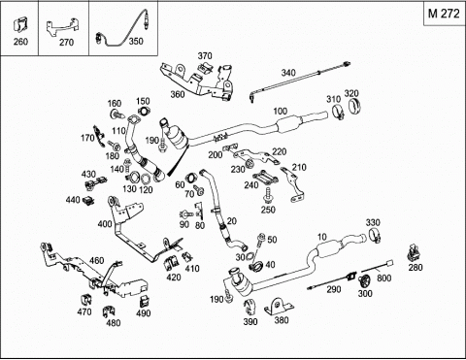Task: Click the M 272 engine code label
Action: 444,14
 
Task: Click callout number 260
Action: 20,42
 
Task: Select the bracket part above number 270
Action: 63,27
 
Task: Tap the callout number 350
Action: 136,41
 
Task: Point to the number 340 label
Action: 288,73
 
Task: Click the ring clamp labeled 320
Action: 355,105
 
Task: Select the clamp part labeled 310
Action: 338,113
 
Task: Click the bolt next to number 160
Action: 116,114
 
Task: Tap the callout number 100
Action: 281,111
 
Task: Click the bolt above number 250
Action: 268,195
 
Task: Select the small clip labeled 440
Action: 88,201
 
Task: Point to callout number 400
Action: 105,223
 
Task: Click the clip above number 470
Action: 85,300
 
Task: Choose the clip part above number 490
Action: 144,302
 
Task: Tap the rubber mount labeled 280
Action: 414,252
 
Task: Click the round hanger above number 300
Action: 364,280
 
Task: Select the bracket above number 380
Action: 280,307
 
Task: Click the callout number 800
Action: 383,278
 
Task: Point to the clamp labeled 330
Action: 375,235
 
